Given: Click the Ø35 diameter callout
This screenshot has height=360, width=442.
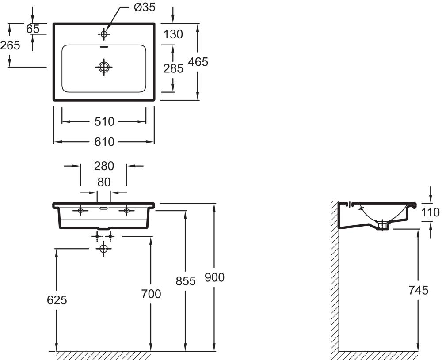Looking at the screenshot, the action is coord(145,8).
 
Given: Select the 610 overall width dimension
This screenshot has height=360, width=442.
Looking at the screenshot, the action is coord(104,142).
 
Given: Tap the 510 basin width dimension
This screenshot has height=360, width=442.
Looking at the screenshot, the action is coord(104,121).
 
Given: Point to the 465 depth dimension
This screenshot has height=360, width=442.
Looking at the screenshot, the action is coord(198,62).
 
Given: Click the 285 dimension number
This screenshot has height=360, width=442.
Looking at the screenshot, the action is coord(173,68).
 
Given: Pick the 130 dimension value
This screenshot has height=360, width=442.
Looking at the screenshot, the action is coord(173,34).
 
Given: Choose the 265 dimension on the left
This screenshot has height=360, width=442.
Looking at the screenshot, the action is coord(10,45).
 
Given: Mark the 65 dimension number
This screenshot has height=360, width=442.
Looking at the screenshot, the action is coord(33,29).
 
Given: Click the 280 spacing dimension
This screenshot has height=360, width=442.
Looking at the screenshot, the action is coord(104,166).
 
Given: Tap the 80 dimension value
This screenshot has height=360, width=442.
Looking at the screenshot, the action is coord(104,182).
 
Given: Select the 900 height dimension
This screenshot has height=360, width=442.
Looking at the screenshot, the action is coord(214,277).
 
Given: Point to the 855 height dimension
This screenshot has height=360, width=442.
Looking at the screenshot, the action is coord(186,281).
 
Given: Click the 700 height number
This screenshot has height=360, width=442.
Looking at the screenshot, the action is coord(151,294).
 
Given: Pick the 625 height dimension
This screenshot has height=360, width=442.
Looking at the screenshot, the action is coord(57,300).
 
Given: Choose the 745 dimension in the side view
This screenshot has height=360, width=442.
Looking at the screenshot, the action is coord(419,290).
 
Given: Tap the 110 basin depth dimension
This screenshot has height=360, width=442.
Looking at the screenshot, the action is coord(431,212).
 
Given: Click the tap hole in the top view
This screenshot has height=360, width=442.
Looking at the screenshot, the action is coord(104,34).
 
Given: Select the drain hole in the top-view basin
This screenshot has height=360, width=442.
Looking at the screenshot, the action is coord(104,67).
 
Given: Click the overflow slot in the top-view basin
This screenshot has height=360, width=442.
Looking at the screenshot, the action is coord(104,46).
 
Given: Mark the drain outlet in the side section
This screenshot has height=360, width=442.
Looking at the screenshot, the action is coord(382,225).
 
